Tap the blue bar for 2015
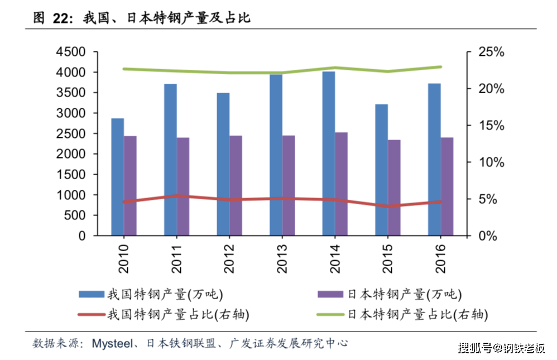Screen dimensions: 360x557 point(381,170)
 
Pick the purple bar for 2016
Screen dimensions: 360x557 point(447,186)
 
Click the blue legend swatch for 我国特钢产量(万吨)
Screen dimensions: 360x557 point(91,294)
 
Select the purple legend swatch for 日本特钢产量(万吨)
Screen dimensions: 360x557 point(331,294)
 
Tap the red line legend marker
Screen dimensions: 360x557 point(91,314)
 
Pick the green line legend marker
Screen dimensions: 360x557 point(331,314)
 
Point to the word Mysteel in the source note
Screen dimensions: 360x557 point(112,343)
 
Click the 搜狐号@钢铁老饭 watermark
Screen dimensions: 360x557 point(501,348)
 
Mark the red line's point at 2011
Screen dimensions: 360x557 point(176,196)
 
